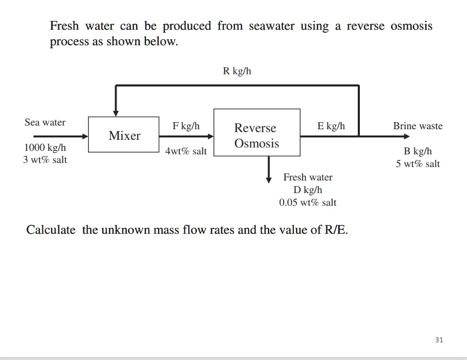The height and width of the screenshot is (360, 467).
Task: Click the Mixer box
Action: click(x=124, y=135)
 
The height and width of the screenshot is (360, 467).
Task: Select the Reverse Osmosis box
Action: click(x=257, y=135)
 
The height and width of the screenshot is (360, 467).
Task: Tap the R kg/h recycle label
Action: click(x=237, y=71)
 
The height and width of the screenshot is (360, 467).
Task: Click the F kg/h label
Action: click(x=186, y=126)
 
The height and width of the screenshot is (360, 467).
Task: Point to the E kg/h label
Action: click(x=331, y=126)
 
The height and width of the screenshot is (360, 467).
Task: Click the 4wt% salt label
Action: click(x=186, y=151)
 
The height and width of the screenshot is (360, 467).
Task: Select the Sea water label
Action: click(x=45, y=122)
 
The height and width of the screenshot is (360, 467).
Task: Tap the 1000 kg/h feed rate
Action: click(x=45, y=148)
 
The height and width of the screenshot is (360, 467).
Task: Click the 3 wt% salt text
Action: click(x=45, y=160)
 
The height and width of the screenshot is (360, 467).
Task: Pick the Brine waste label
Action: click(x=418, y=126)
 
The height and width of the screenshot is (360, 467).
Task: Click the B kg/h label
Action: click(x=418, y=151)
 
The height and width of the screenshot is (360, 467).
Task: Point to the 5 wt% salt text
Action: click(x=418, y=163)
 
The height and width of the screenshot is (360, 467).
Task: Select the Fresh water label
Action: click(x=307, y=177)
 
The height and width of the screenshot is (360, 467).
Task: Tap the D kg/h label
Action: click(x=307, y=190)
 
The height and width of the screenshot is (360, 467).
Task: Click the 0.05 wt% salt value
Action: click(x=307, y=202)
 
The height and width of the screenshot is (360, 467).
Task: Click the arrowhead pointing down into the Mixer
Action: click(x=116, y=112)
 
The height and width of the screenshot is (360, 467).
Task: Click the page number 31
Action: click(x=439, y=340)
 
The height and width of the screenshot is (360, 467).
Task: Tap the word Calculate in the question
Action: click(x=51, y=230)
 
